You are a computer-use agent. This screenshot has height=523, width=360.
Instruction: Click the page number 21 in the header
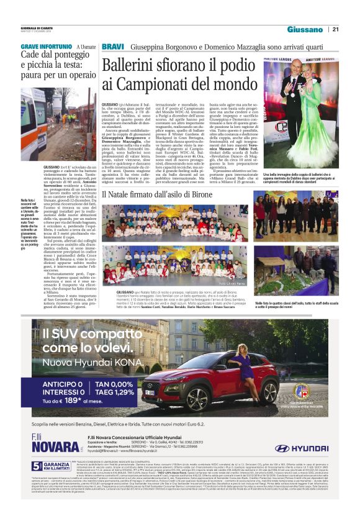pyautogui.click(x=335, y=29)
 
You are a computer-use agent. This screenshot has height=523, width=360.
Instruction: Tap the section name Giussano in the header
pyautogui.click(x=305, y=29)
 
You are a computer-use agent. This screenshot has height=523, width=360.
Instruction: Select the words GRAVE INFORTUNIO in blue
pyautogui.click(x=46, y=47)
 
